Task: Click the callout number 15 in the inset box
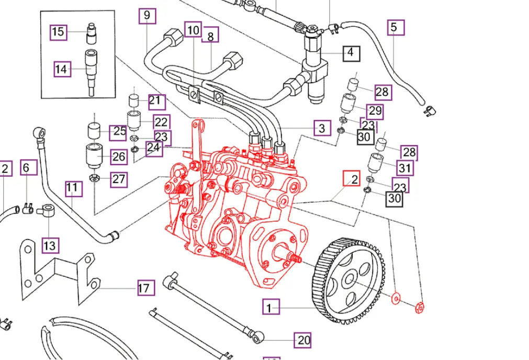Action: click(x=58, y=32)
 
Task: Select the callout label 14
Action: click(x=62, y=69)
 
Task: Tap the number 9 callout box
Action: click(x=147, y=16)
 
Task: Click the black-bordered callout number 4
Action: click(x=351, y=53)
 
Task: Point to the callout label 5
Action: click(x=396, y=27)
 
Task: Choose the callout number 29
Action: click(x=375, y=111)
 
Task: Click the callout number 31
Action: click(x=404, y=168)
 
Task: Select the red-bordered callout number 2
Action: click(x=352, y=179)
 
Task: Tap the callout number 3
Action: click(x=322, y=128)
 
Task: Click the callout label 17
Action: click(x=146, y=288)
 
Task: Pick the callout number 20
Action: click(x=303, y=341)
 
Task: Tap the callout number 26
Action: click(x=119, y=156)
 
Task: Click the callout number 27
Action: click(x=119, y=179)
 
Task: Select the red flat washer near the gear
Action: click(x=396, y=298)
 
